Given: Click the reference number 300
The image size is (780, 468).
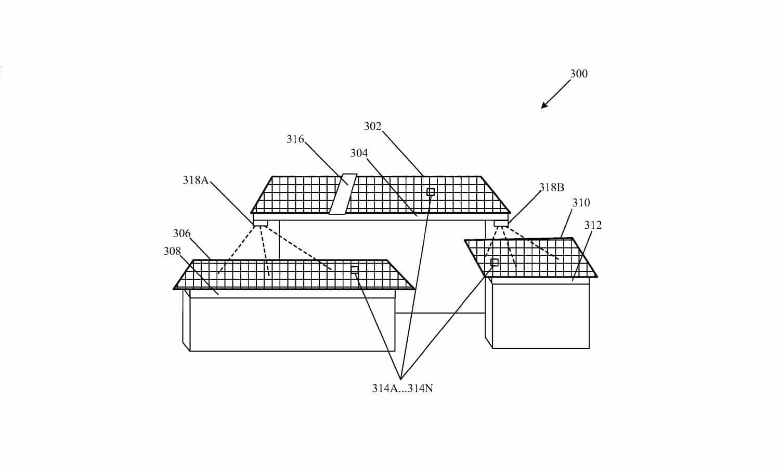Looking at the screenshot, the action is pos(579,73).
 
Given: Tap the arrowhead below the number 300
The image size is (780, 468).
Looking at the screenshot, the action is pos(544,105).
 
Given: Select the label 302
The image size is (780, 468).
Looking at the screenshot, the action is pos(373,126).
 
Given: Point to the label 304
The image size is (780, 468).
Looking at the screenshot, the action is pos(359,153).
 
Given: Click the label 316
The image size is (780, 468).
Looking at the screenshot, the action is pos(295,139).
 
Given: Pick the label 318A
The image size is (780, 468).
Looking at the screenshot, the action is pos(196,180).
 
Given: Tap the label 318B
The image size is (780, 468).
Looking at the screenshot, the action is pos(552,187).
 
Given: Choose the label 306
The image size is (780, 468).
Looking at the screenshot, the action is pos(182,233).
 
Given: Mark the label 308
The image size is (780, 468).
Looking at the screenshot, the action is pos(172,251).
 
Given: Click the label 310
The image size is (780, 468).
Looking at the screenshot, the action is pos(581,203).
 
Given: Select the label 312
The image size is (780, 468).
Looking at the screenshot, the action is pos(593,225).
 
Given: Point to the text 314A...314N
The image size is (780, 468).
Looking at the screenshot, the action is pos(402,388).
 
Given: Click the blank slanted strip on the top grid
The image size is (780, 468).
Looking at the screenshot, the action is pos(343,194).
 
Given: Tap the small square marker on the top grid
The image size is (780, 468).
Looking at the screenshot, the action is pos(431,192).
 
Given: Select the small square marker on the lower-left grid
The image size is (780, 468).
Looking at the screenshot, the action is pos(355,269).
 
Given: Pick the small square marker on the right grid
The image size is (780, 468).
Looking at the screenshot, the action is pos(494,263).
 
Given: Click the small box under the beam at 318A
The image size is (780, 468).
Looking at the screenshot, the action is pos(260,223).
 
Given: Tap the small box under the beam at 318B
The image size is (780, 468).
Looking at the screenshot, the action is pos(501,223).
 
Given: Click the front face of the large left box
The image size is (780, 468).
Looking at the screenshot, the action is pos(292,324).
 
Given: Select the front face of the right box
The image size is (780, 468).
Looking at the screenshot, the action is pos(541,316).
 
